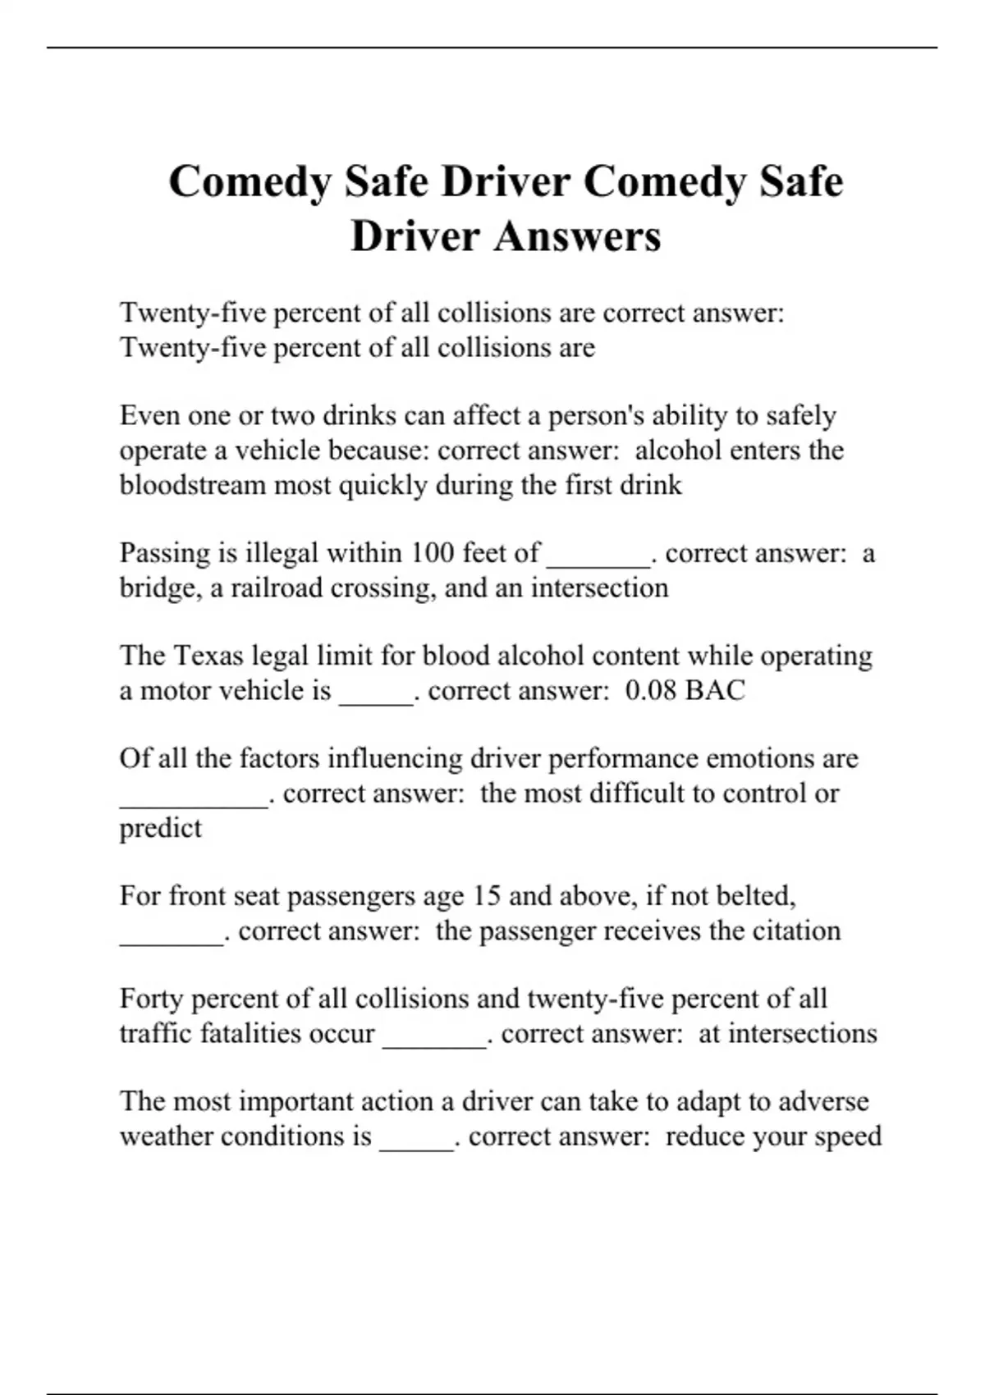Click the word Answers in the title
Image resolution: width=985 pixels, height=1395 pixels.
(x=577, y=236)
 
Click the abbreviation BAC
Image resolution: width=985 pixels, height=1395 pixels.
(x=715, y=690)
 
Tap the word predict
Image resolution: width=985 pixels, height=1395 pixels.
(x=160, y=828)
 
